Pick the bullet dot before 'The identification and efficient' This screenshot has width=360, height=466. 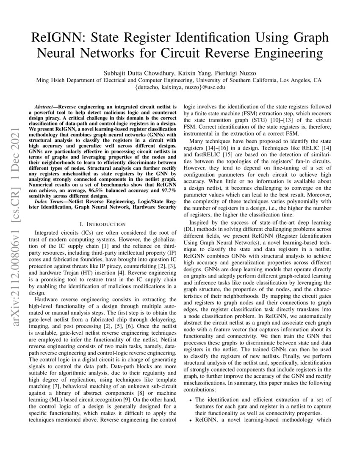pyautogui.click(x=191, y=399)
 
